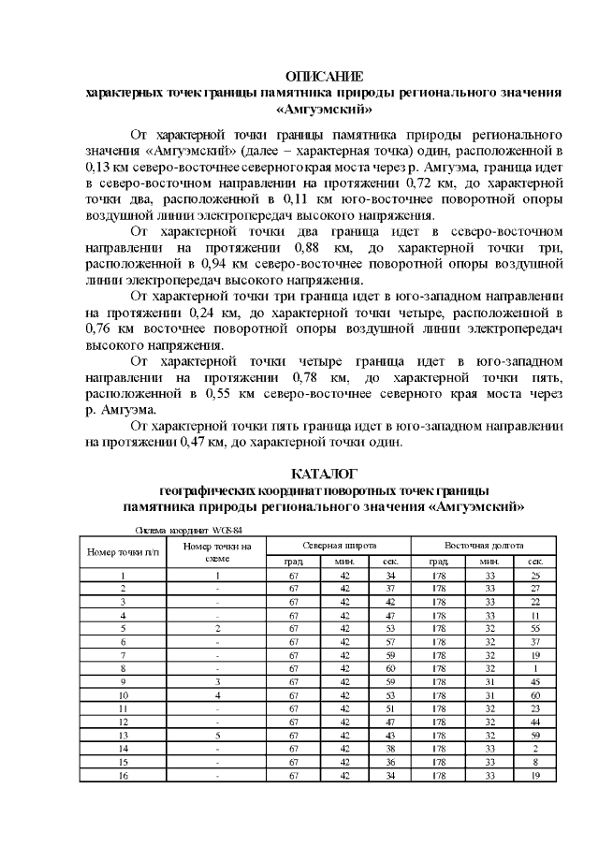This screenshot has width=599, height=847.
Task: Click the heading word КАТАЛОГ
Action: [324, 474]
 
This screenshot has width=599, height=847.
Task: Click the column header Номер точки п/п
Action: [124, 551]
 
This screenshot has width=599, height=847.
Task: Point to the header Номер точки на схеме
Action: [217, 551]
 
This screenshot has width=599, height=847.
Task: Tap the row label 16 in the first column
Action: [124, 776]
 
